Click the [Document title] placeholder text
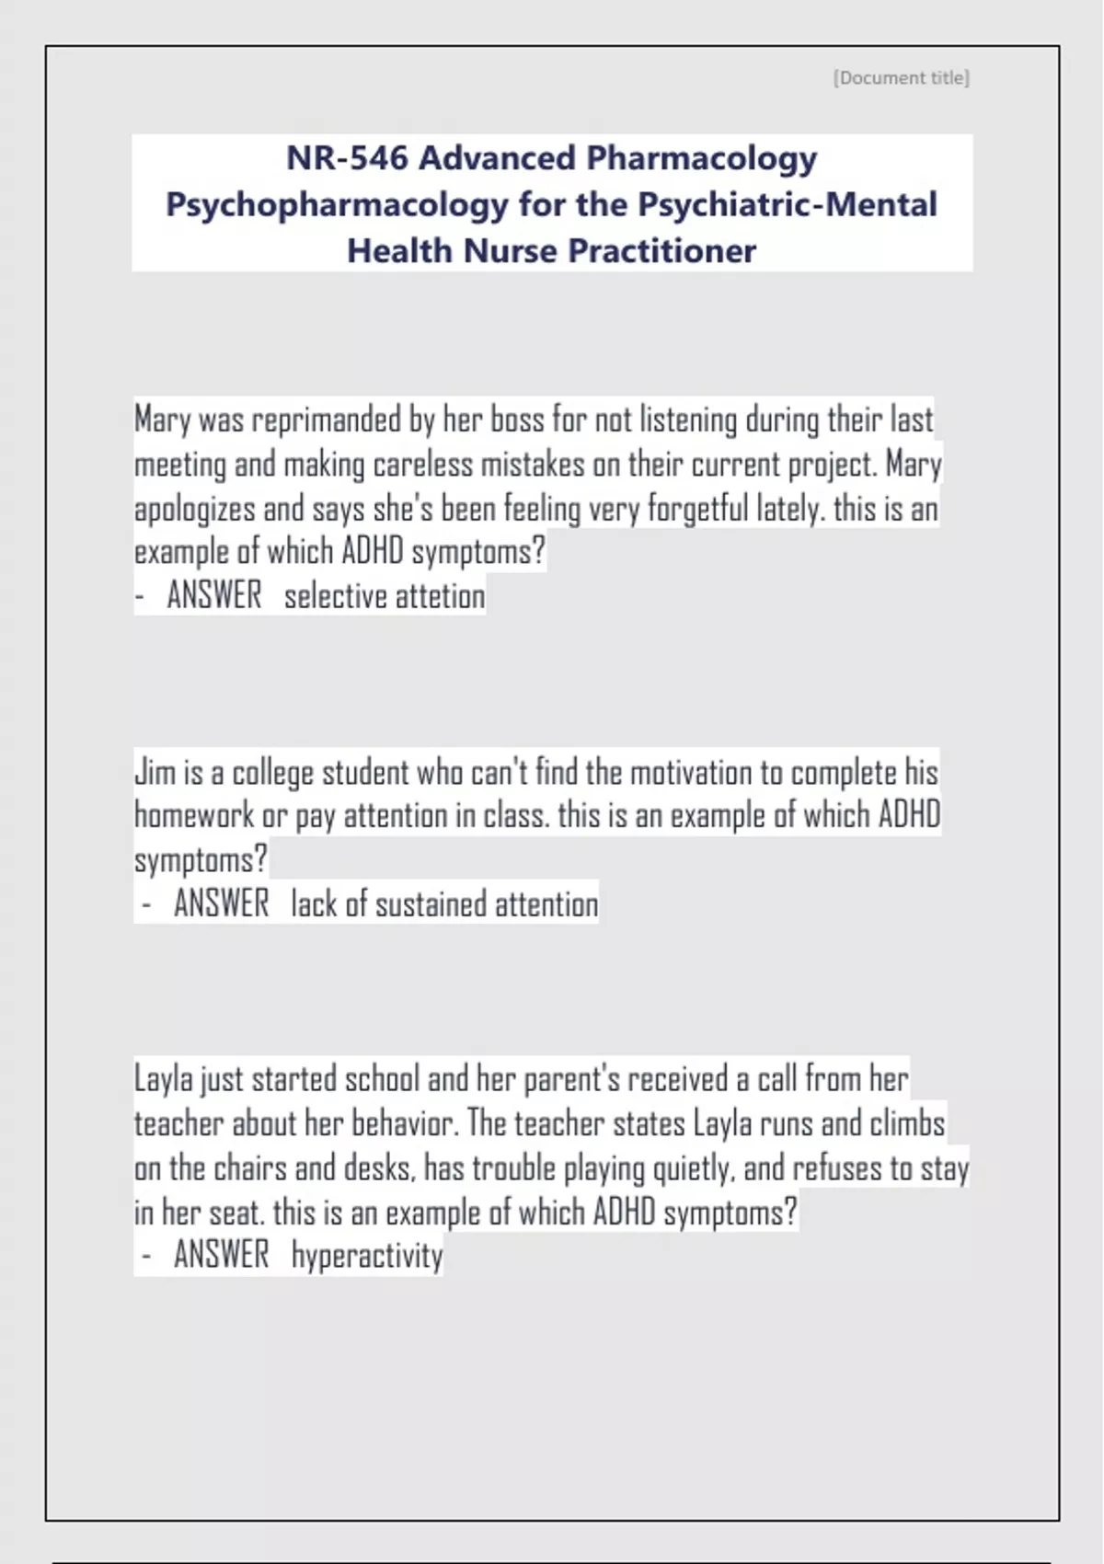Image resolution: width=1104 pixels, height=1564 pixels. (x=901, y=78)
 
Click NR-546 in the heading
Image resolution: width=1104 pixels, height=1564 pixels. (x=346, y=158)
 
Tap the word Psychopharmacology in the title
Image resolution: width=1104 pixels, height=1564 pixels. (x=336, y=204)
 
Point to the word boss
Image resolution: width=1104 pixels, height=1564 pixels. (x=516, y=420)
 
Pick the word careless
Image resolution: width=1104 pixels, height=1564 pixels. (x=422, y=465)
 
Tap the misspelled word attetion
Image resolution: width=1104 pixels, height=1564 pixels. (x=440, y=596)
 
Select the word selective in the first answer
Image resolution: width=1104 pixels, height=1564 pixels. (x=335, y=596)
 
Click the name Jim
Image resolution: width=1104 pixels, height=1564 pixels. (x=155, y=772)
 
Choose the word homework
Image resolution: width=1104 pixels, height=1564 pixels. (x=194, y=815)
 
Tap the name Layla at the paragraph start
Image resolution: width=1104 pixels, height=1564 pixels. (x=163, y=1079)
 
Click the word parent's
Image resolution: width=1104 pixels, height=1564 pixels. (x=571, y=1079)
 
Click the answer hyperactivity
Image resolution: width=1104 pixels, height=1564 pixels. (x=367, y=1256)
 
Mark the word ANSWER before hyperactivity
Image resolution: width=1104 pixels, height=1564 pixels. (x=221, y=1255)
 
